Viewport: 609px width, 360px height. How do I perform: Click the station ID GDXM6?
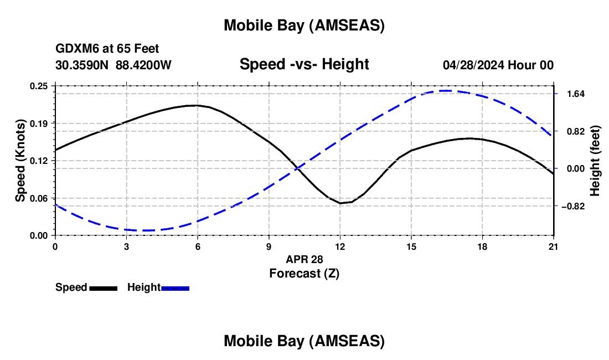(75, 49)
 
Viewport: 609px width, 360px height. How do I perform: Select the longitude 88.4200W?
(143, 65)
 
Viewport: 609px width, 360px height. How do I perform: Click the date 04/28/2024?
(473, 65)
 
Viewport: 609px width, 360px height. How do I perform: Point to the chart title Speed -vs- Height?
(304, 64)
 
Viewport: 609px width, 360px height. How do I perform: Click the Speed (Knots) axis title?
(20, 161)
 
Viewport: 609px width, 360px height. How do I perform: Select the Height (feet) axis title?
(595, 161)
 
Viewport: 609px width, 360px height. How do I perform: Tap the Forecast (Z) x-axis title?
(304, 273)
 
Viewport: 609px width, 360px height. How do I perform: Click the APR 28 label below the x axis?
(304, 259)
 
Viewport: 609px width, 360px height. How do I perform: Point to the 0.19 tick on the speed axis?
(40, 123)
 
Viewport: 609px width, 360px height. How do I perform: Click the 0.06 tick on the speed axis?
(40, 198)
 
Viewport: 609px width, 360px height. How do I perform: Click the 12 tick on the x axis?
(340, 246)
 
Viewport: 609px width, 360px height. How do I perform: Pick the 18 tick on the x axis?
(482, 246)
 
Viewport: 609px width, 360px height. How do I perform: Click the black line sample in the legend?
(103, 288)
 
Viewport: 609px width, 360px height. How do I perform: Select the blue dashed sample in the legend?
(176, 288)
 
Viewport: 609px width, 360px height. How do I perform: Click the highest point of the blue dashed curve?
(446, 91)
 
